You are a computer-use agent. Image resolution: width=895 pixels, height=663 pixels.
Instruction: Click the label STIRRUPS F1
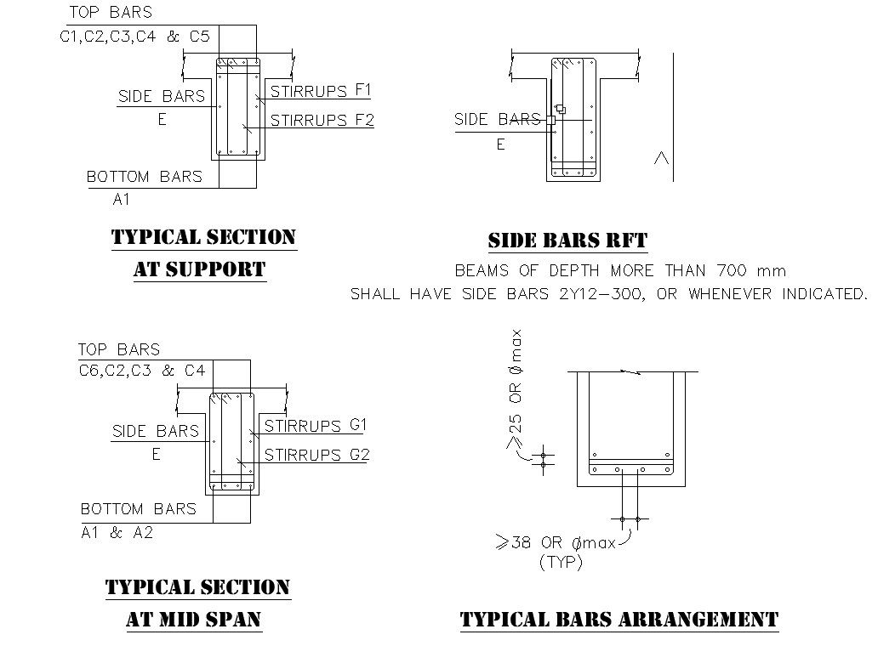tap(321, 91)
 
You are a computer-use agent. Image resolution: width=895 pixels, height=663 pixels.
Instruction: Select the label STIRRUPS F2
tap(322, 121)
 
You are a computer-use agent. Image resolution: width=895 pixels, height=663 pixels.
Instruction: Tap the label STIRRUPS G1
tap(316, 426)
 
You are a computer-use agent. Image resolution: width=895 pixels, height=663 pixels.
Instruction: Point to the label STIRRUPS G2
tap(316, 455)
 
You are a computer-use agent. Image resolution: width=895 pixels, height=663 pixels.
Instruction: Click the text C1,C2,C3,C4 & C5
tap(135, 37)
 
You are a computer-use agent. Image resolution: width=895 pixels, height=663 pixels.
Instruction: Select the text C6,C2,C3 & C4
tap(142, 371)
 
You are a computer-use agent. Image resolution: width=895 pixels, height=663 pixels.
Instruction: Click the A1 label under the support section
tap(122, 199)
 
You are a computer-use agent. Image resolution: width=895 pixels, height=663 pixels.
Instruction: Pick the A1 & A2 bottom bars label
tap(117, 532)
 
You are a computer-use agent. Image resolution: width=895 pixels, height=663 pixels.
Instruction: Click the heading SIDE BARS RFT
tap(568, 241)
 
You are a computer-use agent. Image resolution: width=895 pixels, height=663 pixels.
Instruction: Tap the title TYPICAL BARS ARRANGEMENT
tap(619, 619)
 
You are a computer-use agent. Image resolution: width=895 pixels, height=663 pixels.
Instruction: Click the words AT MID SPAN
tap(194, 619)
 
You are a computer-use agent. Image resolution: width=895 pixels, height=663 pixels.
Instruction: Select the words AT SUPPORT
tap(200, 269)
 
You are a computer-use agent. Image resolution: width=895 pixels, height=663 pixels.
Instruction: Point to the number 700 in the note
tap(731, 270)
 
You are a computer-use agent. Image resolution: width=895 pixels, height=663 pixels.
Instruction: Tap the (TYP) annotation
tap(562, 563)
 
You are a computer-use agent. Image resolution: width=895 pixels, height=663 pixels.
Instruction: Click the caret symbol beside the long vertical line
tap(661, 158)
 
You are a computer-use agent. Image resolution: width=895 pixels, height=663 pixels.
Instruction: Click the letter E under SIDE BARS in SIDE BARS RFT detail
tap(500, 144)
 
